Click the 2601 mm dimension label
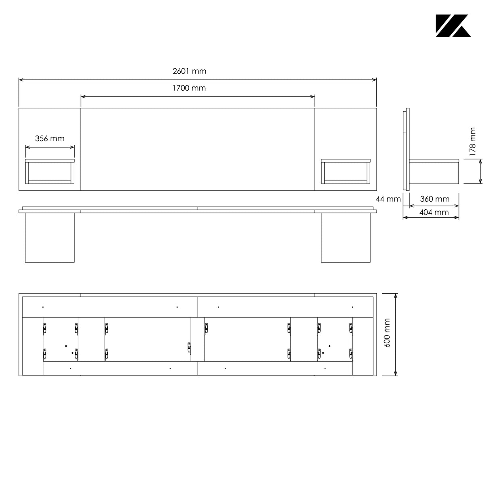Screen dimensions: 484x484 coord(189,71)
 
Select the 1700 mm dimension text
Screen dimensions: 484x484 coord(189,88)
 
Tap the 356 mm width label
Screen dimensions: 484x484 coord(50,138)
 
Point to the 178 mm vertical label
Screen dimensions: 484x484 coord(472,142)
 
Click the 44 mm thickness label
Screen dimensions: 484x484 coord(388,199)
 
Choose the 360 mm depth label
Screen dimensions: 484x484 coord(434,199)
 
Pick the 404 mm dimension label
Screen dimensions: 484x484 coord(434,212)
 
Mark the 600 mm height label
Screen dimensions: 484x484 coord(387,333)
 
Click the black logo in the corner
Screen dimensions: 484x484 coord(453,26)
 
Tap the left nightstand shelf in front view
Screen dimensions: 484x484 coord(50,171)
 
